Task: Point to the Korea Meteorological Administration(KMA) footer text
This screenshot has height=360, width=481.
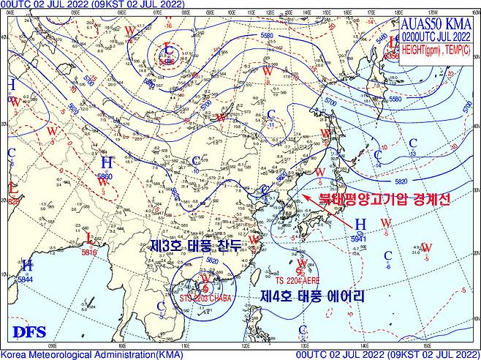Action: tap(88, 355)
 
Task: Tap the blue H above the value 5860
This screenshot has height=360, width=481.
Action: tap(106, 162)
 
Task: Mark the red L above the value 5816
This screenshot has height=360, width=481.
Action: tap(89, 239)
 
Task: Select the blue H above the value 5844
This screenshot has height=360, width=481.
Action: tap(27, 265)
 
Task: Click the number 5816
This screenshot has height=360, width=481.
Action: tap(89, 252)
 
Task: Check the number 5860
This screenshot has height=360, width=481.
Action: tap(106, 176)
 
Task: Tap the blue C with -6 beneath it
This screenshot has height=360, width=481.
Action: tap(388, 255)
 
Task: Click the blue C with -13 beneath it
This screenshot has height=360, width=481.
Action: tap(413, 143)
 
